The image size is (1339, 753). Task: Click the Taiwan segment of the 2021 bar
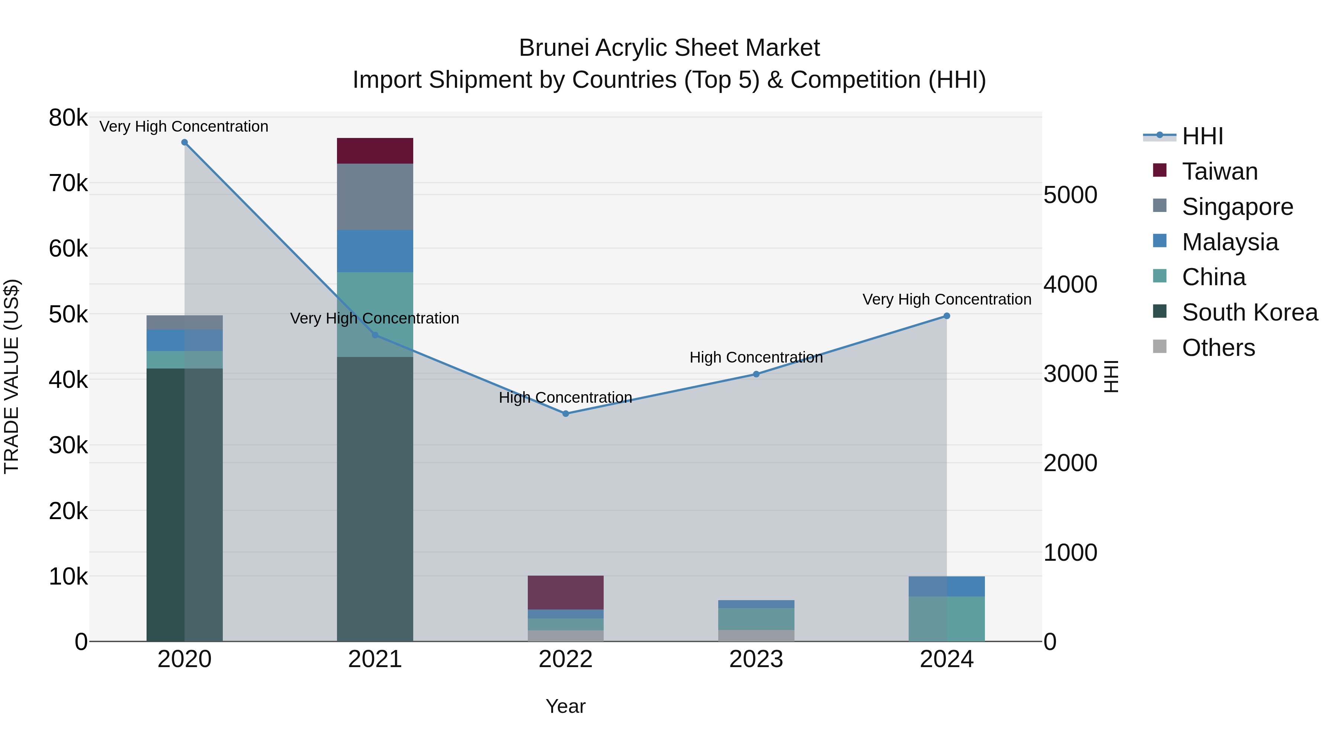pyautogui.click(x=375, y=151)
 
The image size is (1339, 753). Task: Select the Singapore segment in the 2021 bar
pyautogui.click(x=375, y=196)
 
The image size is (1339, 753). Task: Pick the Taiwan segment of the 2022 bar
pyautogui.click(x=565, y=592)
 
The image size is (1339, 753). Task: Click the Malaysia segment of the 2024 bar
pyautogui.click(x=947, y=586)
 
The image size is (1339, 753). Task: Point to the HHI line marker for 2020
pyautogui.click(x=184, y=142)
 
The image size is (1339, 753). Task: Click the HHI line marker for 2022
pyautogui.click(x=565, y=413)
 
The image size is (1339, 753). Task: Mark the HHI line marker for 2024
pyautogui.click(x=947, y=316)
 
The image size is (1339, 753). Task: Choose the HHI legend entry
pyautogui.click(x=1202, y=136)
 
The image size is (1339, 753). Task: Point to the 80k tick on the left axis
pyautogui.click(x=68, y=118)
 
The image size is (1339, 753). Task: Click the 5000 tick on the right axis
pyautogui.click(x=1070, y=195)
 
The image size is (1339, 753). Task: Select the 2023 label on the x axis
pyautogui.click(x=756, y=659)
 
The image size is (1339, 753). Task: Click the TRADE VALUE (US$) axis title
pyautogui.click(x=12, y=376)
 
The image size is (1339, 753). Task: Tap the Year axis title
pyautogui.click(x=565, y=706)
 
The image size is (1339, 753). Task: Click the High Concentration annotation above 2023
pyautogui.click(x=756, y=357)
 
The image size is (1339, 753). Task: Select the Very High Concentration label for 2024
pyautogui.click(x=947, y=299)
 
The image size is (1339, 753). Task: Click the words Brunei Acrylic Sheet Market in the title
pyautogui.click(x=669, y=48)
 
